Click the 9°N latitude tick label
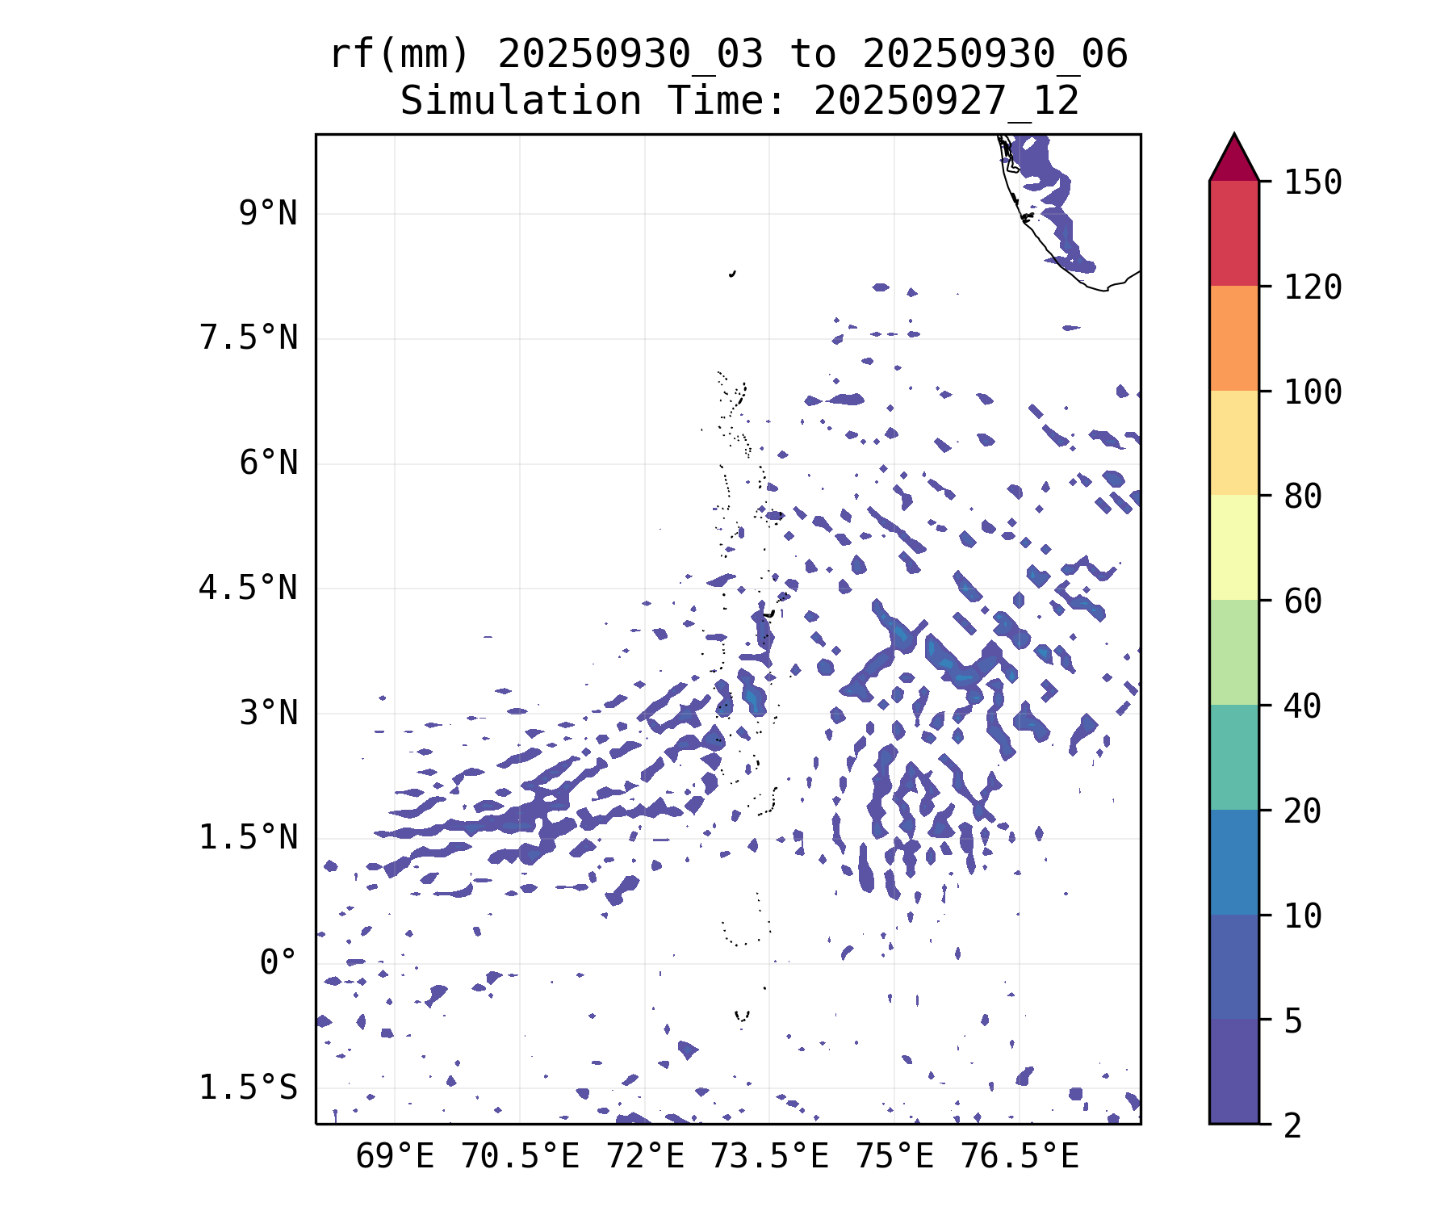[x=268, y=214]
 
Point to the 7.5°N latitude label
[x=249, y=338]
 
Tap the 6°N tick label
[x=268, y=463]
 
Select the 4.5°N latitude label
[x=249, y=589]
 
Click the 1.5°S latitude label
[x=249, y=1087]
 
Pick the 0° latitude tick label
[x=278, y=962]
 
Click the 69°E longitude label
[x=395, y=1157]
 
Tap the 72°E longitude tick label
[x=645, y=1157]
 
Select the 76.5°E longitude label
[x=1020, y=1157]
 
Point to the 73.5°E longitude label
[x=769, y=1157]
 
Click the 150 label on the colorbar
[x=1313, y=182]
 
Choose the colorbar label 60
[x=1303, y=601]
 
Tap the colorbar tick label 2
[x=1292, y=1125]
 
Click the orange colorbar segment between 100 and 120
[x=1233, y=338]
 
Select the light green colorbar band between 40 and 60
[x=1233, y=652]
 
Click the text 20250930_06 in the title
[x=994, y=55]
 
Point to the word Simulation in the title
[x=521, y=102]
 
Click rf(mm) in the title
[x=400, y=55]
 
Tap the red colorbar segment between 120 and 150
[x=1233, y=233]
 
